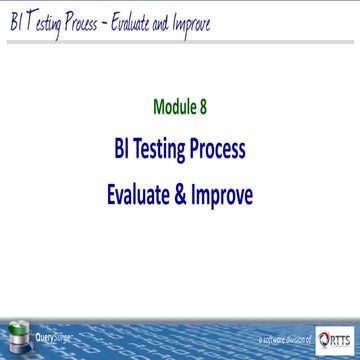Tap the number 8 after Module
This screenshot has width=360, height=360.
(204, 103)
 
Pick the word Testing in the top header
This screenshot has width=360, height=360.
(50, 21)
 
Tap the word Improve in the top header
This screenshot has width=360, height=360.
(226, 21)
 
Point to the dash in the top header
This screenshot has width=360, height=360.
(127, 21)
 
